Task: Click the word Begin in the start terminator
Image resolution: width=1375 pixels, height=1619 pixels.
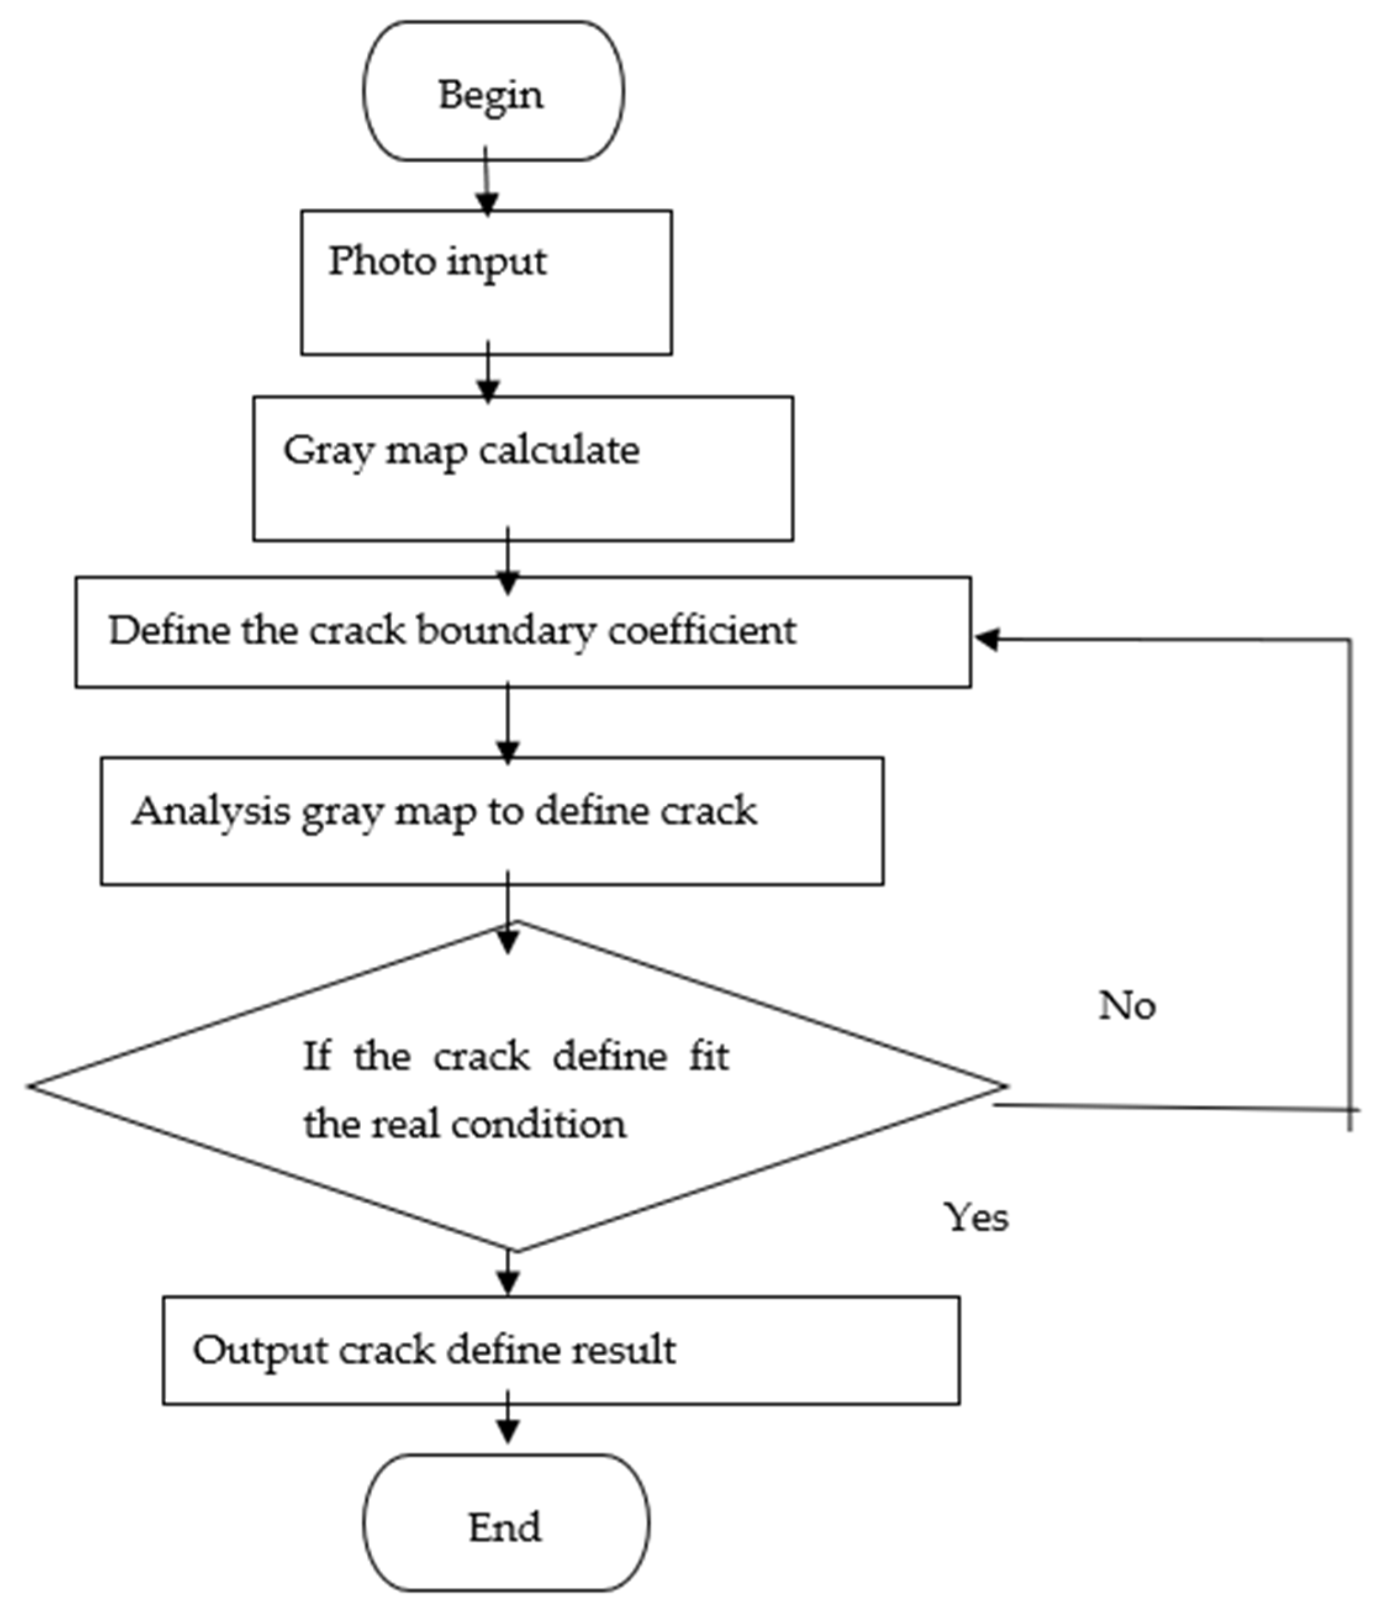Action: pos(490,96)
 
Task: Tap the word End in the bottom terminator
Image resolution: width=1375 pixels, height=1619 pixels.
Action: pos(505,1527)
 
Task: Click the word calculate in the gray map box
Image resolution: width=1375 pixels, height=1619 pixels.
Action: pos(559,451)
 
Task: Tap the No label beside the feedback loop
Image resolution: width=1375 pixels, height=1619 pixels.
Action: pos(1126,1007)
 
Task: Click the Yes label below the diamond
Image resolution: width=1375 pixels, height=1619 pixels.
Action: pos(976,1217)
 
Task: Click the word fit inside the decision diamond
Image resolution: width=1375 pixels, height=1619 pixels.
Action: pos(709,1057)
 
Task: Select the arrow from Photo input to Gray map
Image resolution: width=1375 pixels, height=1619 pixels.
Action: pos(488,374)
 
